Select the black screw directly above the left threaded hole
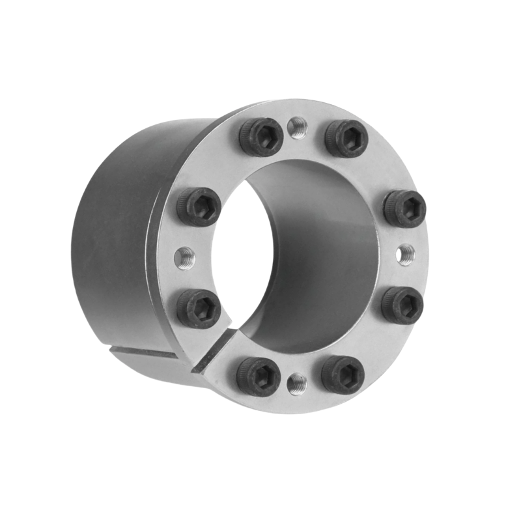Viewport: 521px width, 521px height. click(198, 207)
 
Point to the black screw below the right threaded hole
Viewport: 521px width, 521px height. click(402, 303)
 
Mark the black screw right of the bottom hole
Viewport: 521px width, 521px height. click(343, 373)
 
